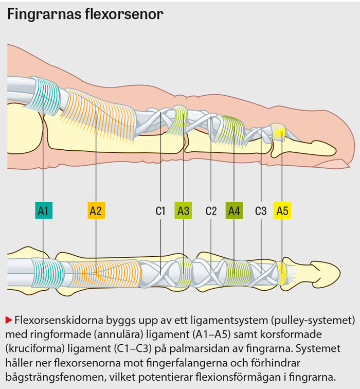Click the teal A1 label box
pyautogui.click(x=43, y=210)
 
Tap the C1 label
pyautogui.click(x=160, y=210)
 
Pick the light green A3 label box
pyautogui.click(x=183, y=210)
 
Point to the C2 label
pyautogui.click(x=211, y=210)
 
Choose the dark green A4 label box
pyautogui.click(x=234, y=210)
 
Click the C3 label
pyautogui.click(x=261, y=210)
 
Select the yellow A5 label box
pyautogui.click(x=282, y=210)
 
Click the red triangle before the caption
pyautogui.click(x=9, y=320)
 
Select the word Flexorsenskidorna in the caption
pyautogui.click(x=56, y=320)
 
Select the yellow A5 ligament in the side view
pyautogui.click(x=278, y=133)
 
